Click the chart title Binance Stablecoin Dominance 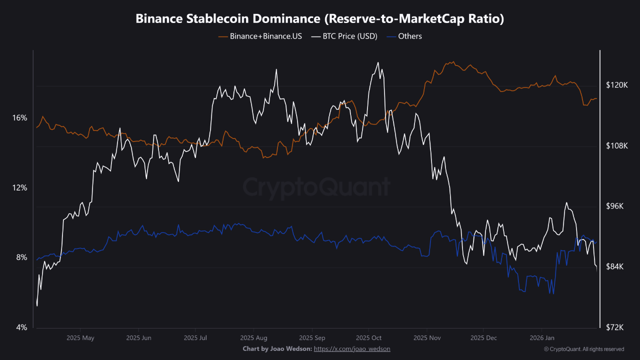coord(320,19)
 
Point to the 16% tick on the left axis coord(19,118)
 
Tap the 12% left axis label coord(19,188)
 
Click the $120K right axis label coord(616,85)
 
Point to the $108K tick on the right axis coord(616,146)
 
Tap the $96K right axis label coord(616,206)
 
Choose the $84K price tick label coord(616,267)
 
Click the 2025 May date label coord(80,338)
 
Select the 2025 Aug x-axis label coord(253,338)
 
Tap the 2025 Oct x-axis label coord(369,338)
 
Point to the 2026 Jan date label coord(542,338)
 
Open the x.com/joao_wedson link coord(352,348)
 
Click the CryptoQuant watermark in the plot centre coord(316,187)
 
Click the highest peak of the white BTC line coord(378,62)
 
